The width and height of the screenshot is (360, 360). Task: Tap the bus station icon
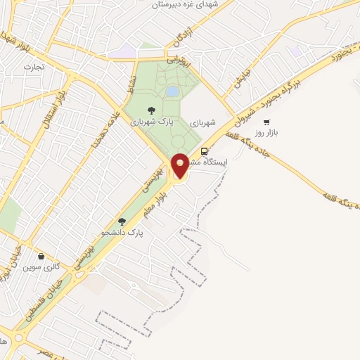pos(205,151)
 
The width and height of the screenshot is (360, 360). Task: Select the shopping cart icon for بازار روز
pos(266,122)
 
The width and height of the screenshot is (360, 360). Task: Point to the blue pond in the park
pos(172,91)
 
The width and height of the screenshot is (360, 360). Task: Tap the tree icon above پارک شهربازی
pos(151,110)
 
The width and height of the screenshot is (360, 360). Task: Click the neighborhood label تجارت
pos(32,67)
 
